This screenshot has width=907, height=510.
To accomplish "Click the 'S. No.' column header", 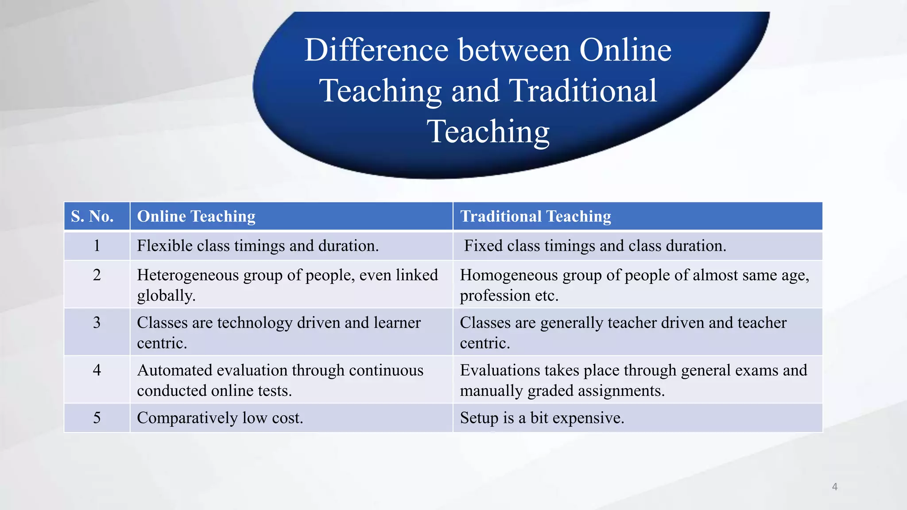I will coord(92,216).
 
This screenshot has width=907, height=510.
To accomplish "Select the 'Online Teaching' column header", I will coord(196,216).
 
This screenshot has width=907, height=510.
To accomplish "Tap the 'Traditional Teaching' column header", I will coord(535,216).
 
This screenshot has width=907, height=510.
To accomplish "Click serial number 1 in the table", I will coord(97,246).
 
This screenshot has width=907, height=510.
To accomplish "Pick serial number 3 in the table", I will coord(97,323).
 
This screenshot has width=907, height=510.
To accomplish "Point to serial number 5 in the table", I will coord(97,418).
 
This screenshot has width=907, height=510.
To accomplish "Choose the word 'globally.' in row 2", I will coord(166,296).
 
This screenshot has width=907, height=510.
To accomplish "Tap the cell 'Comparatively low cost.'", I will coord(220,418).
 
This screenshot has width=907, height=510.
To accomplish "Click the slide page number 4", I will coord(835,487).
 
